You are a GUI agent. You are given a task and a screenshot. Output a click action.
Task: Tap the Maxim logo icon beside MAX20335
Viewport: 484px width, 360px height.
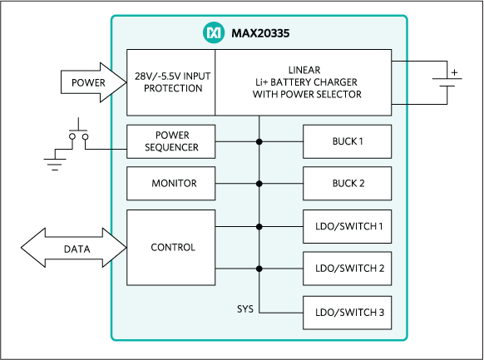(x=214, y=34)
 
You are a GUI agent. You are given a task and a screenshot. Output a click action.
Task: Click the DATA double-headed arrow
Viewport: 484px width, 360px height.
(x=73, y=249)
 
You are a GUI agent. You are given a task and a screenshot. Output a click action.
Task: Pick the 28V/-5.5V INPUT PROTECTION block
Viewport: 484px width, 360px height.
(x=170, y=82)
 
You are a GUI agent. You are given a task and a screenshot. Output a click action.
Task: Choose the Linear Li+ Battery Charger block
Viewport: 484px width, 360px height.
(x=303, y=82)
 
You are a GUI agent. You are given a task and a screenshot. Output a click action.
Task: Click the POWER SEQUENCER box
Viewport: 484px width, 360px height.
(x=170, y=141)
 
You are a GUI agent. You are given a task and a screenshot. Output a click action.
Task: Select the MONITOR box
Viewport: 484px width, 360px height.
(x=170, y=183)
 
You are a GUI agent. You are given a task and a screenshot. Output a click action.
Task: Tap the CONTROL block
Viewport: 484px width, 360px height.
(x=170, y=247)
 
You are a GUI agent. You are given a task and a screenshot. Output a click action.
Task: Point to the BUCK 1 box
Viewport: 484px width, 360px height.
(x=347, y=141)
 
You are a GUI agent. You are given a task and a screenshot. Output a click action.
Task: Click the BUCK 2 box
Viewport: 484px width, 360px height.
(x=347, y=183)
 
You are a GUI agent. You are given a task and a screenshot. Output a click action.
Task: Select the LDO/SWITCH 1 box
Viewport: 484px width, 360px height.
(x=347, y=226)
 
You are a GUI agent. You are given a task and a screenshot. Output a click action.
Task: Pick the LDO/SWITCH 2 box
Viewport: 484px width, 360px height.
(x=347, y=269)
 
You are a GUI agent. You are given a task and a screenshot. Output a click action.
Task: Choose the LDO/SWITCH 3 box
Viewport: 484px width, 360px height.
(x=347, y=312)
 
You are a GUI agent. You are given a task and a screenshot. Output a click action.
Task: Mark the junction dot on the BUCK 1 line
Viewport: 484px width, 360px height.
(x=259, y=142)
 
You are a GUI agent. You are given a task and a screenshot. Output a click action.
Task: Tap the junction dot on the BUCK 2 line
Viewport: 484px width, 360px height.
(x=259, y=184)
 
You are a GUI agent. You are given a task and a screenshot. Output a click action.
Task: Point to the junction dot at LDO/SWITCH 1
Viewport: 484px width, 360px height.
(x=259, y=226)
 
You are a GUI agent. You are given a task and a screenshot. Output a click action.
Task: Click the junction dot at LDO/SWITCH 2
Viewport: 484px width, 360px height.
(x=259, y=269)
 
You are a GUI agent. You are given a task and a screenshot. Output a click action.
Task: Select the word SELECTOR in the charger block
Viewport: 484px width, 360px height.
(x=337, y=95)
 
